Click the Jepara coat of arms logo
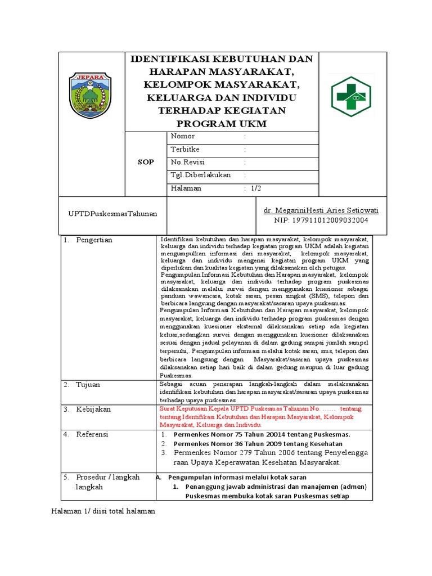point(91,94)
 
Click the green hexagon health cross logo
point(350,96)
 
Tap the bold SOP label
point(146,162)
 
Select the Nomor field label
point(183,136)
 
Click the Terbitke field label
point(185,149)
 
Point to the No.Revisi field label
point(187,162)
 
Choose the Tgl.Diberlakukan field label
point(201,175)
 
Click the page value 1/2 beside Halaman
point(256,188)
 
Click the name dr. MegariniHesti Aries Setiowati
point(321,210)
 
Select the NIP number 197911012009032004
point(321,220)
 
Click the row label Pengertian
point(94,240)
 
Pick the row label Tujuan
point(88,385)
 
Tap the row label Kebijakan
point(93,409)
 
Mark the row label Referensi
point(93,434)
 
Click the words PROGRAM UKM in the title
point(222,124)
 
